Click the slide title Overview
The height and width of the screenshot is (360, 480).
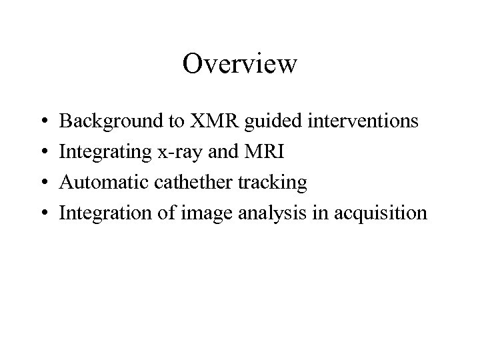click(240, 64)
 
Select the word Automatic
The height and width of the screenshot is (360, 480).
click(99, 183)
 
